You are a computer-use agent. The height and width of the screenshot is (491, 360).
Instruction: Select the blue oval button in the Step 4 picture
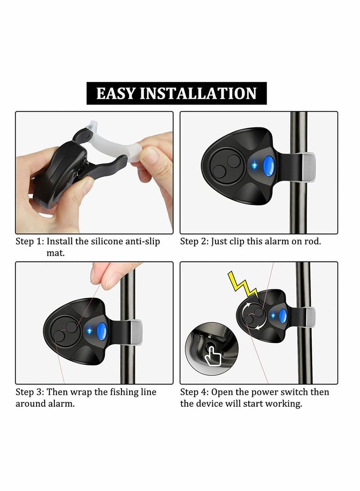[x=283, y=316]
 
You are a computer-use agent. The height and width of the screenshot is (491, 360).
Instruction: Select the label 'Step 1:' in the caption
[x=30, y=241]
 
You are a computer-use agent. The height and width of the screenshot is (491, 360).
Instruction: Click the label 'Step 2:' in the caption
[x=194, y=241]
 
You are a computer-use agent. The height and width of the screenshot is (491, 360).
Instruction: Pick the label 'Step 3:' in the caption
[x=30, y=392]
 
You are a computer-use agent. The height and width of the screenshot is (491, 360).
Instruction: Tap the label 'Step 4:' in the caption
[x=194, y=392]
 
